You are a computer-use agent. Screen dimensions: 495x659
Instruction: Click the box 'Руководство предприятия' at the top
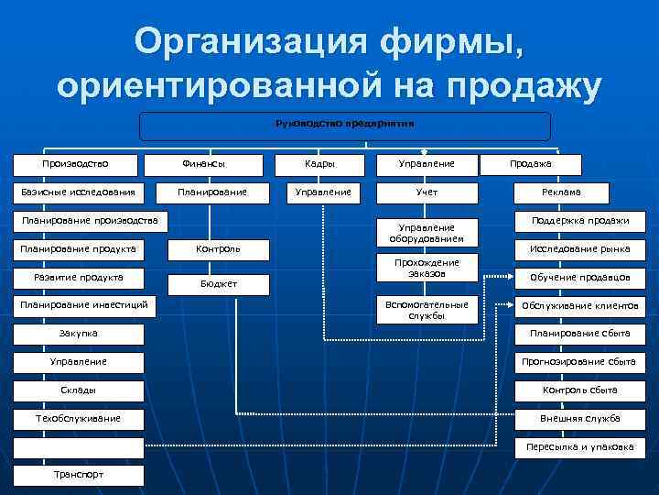(x=345, y=126)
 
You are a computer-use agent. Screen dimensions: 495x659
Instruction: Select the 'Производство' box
(x=76, y=164)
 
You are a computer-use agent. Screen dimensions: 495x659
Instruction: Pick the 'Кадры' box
(x=319, y=164)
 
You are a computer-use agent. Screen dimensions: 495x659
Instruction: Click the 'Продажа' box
(x=531, y=164)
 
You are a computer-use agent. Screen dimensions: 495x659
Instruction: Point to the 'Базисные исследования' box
(x=78, y=192)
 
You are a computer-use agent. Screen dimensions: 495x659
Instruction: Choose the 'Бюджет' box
(x=220, y=284)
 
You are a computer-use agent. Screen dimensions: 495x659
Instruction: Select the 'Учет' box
(x=427, y=192)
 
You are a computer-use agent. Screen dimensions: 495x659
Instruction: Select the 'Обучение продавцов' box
(x=579, y=278)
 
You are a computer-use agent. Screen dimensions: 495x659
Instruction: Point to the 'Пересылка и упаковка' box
(x=579, y=447)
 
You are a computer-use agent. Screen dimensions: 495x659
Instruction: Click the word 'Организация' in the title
(x=247, y=42)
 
